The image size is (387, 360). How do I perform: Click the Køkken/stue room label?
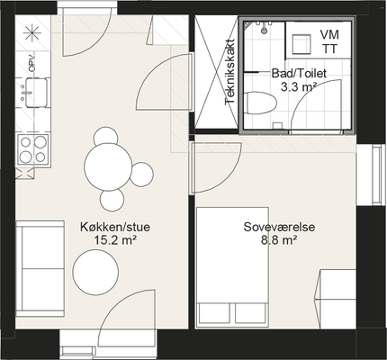coord(115,227)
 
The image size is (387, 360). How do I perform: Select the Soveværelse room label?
coord(279,227)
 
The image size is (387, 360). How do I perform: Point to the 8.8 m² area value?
coord(279,240)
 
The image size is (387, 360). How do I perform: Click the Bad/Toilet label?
coord(299,73)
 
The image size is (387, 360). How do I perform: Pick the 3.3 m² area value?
coord(299,87)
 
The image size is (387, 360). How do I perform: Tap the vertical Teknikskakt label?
coord(229,72)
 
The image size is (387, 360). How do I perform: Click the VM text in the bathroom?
coord(329,34)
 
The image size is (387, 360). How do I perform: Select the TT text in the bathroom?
coord(329,49)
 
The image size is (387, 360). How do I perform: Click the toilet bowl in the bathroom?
coord(260,103)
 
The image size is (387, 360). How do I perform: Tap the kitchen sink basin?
coord(36,93)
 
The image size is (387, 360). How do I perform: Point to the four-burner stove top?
coord(33,149)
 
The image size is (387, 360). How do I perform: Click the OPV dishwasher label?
coord(31,64)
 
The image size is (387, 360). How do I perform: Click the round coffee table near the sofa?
coord(95,272)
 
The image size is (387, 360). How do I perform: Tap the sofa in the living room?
coord(40,269)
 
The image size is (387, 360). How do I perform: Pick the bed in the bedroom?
coord(232,267)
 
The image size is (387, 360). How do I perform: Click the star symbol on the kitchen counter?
coord(31,32)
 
